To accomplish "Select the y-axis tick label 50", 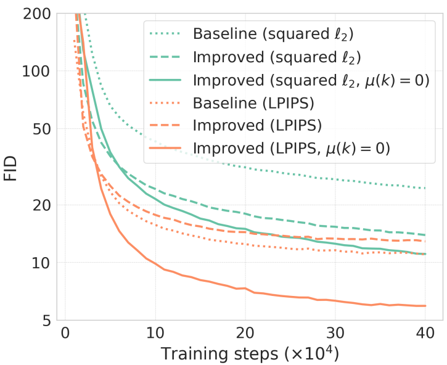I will tap(43, 129).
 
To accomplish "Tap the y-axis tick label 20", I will tap(43, 205).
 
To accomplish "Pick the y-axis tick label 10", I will tap(43, 263).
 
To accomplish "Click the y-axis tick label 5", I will tap(47, 320).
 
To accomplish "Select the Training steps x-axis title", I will tap(250, 354).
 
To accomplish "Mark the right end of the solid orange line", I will tap(425, 306).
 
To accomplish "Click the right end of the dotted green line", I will tap(425, 188).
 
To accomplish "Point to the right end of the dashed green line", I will tap(425, 235).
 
